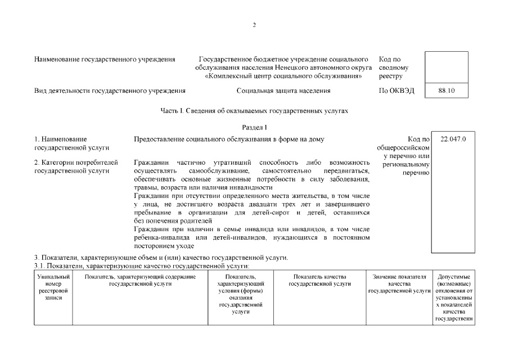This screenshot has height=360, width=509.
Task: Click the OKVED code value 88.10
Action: coord(447,91)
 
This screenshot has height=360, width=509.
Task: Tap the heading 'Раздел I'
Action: coord(254,128)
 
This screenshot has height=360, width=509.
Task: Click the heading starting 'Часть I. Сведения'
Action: coord(254,111)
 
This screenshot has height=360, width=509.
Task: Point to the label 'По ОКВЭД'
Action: coord(397,91)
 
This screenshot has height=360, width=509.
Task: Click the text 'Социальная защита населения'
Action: coord(283,91)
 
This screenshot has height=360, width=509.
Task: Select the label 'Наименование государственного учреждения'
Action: coord(105,59)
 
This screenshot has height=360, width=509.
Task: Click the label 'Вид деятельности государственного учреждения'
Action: coord(110,91)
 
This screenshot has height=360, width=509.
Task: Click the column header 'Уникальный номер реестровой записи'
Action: coord(53,287)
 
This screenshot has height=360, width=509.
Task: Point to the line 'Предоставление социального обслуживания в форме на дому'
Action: coord(229,139)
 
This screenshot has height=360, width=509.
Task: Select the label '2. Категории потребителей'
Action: coord(76,166)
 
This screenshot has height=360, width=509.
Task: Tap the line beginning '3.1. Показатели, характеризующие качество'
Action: coord(142,265)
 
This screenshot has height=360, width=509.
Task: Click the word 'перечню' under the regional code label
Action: coord(416,173)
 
